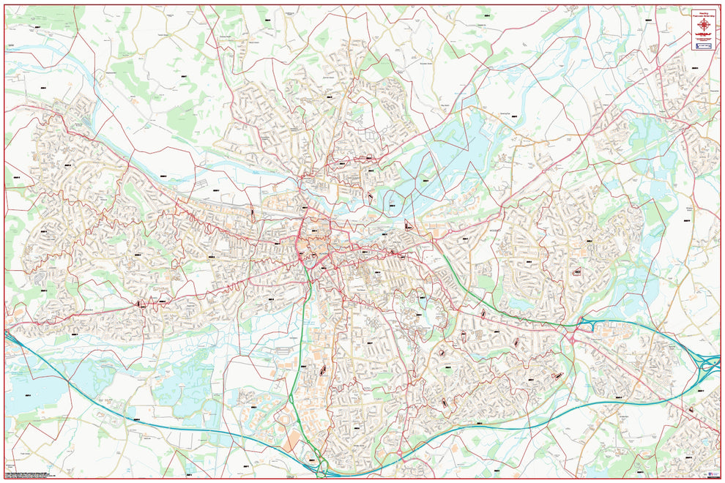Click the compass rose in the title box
click(704, 26)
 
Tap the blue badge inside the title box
click(704, 45)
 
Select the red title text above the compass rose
click(704, 12)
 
